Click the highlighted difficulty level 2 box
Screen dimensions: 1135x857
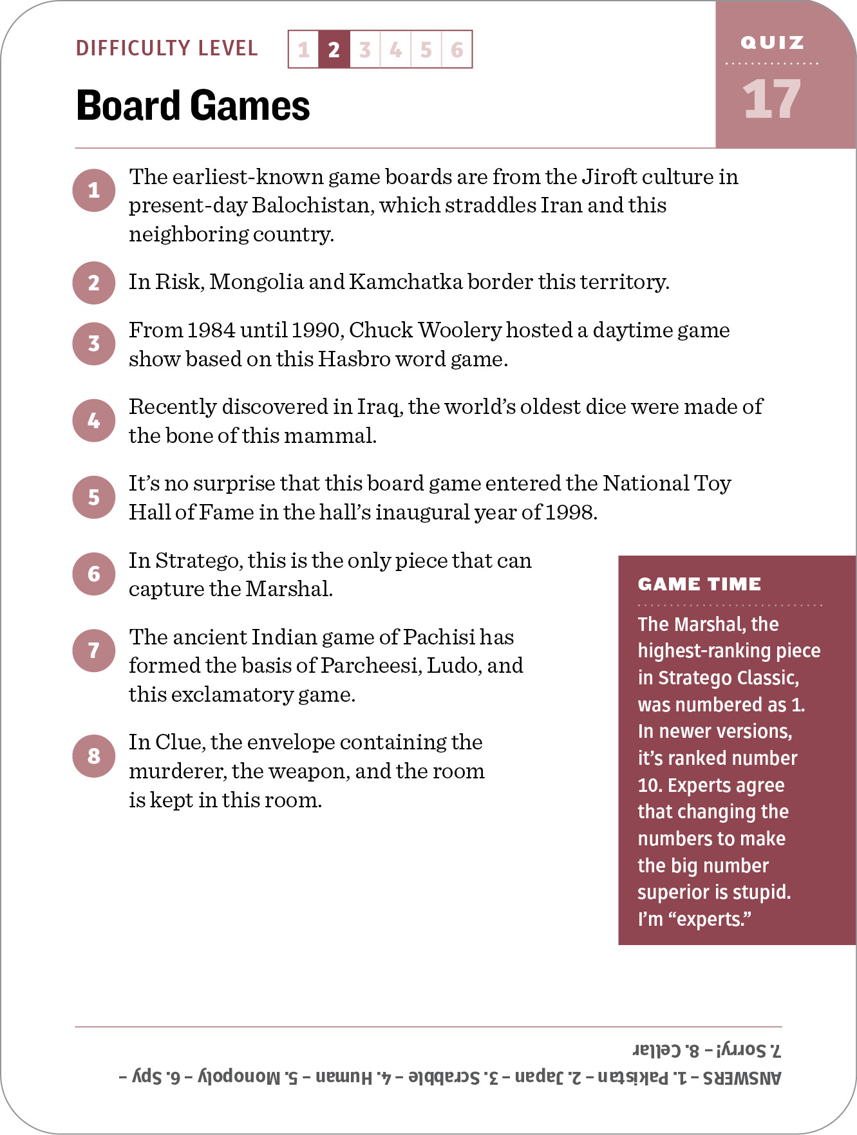[334, 50]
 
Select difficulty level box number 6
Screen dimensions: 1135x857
[457, 50]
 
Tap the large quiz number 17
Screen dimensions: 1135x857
[771, 100]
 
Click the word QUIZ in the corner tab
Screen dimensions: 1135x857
[772, 43]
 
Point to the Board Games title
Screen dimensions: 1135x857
[193, 106]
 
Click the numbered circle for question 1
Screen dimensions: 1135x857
[94, 191]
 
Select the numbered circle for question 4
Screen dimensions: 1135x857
[94, 420]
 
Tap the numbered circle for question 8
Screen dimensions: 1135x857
[94, 755]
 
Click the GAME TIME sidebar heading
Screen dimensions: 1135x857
[699, 584]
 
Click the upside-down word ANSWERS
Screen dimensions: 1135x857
[742, 1078]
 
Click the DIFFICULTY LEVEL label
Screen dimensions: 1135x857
[167, 48]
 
